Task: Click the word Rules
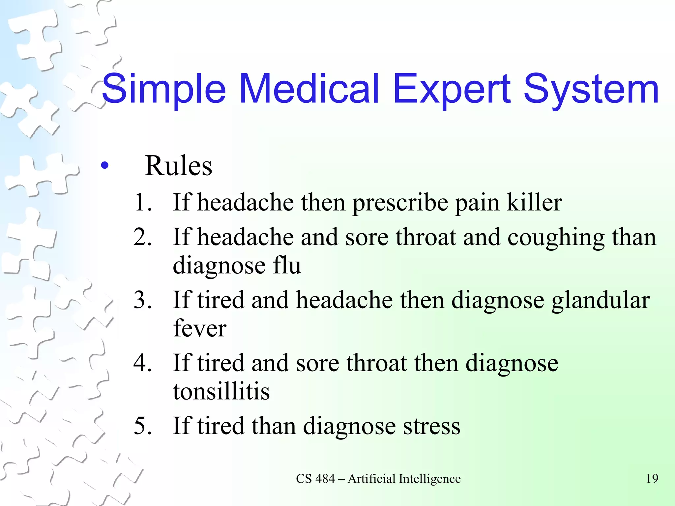178,166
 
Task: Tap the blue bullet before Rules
105,166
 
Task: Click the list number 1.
143,202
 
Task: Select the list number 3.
143,300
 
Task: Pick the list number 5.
143,426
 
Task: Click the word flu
287,266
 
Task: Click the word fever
200,329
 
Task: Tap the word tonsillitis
221,391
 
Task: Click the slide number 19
652,479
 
